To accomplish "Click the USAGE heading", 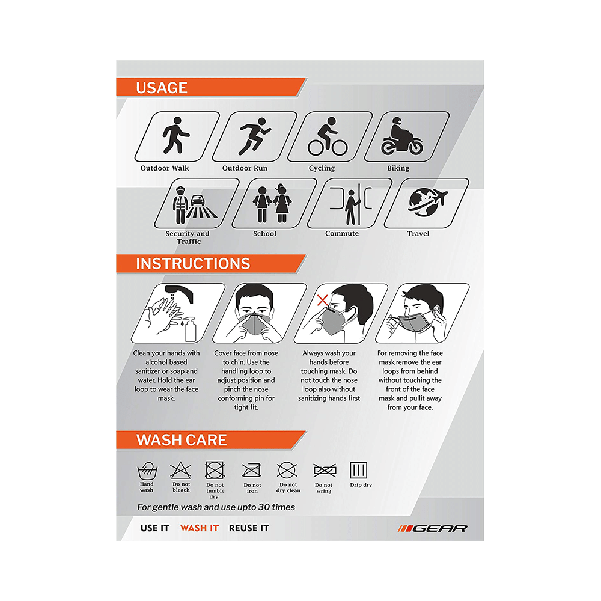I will pyautogui.click(x=162, y=88).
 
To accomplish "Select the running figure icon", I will pyautogui.click(x=248, y=137).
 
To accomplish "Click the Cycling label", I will pyautogui.click(x=322, y=168).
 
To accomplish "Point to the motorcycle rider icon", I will pyautogui.click(x=401, y=137).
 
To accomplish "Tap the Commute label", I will pyautogui.click(x=342, y=234).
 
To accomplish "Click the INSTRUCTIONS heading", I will pyautogui.click(x=193, y=264).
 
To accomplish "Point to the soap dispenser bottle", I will pyautogui.click(x=191, y=329).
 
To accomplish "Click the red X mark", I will pyautogui.click(x=323, y=299).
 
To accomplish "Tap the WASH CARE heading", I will pyautogui.click(x=182, y=440).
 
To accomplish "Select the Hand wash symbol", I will pyautogui.click(x=147, y=470).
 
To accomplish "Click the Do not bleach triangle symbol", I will pyautogui.click(x=180, y=470).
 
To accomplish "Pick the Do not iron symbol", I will pyautogui.click(x=251, y=470).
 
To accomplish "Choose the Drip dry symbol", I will pyautogui.click(x=359, y=470).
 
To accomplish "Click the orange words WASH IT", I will pyautogui.click(x=199, y=528).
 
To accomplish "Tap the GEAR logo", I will pyautogui.click(x=432, y=528).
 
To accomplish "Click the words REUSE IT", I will pyautogui.click(x=249, y=528).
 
